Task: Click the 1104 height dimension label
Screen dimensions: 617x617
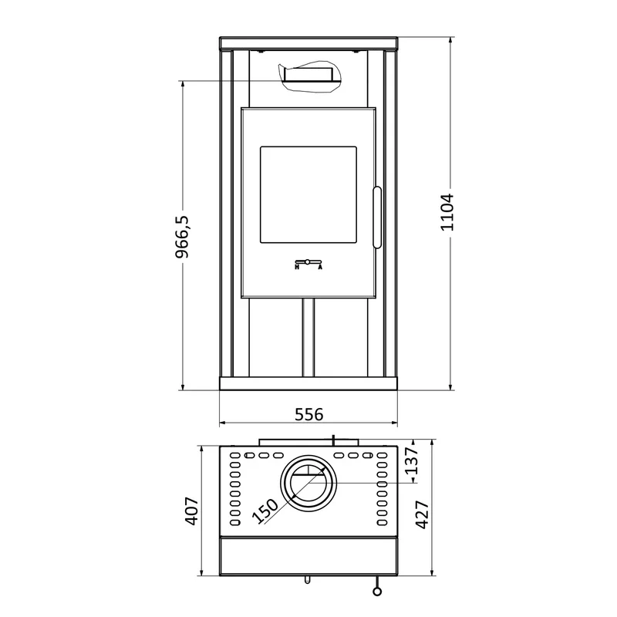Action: point(447,212)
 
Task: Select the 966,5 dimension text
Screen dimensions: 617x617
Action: point(182,237)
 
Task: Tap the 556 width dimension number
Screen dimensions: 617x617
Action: point(309,414)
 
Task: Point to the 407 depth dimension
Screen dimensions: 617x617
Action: point(192,511)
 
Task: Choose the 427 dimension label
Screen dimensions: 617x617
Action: point(422,514)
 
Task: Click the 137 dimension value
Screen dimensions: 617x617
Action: point(412,460)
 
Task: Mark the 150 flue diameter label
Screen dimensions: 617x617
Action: point(265,511)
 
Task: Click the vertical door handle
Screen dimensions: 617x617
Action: point(377,217)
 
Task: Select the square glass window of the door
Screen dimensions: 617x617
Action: point(308,195)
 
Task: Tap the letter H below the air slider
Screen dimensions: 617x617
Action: point(297,267)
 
